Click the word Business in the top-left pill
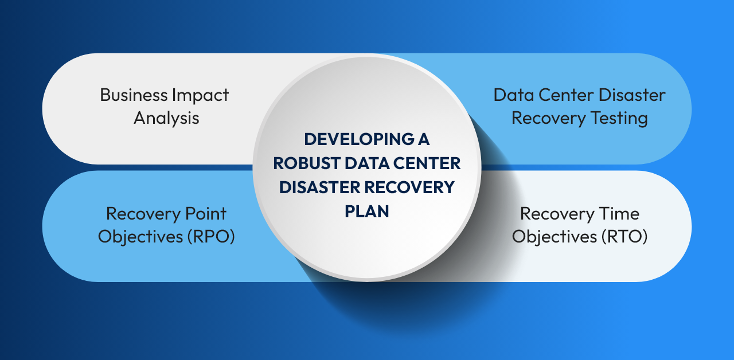[x=134, y=95]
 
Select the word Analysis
[x=166, y=118]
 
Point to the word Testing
[x=619, y=119]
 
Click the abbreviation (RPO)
[x=211, y=237]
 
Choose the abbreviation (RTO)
[x=624, y=237]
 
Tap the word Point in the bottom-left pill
[x=206, y=214]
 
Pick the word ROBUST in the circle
[x=307, y=163]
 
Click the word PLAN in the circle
[x=366, y=212]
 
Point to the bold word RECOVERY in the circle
[x=409, y=187]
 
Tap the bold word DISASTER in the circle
[x=319, y=187]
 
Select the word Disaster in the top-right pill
[x=632, y=95]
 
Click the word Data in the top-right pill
[x=514, y=95]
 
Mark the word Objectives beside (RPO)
[x=140, y=237]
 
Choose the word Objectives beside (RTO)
[x=555, y=237]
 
